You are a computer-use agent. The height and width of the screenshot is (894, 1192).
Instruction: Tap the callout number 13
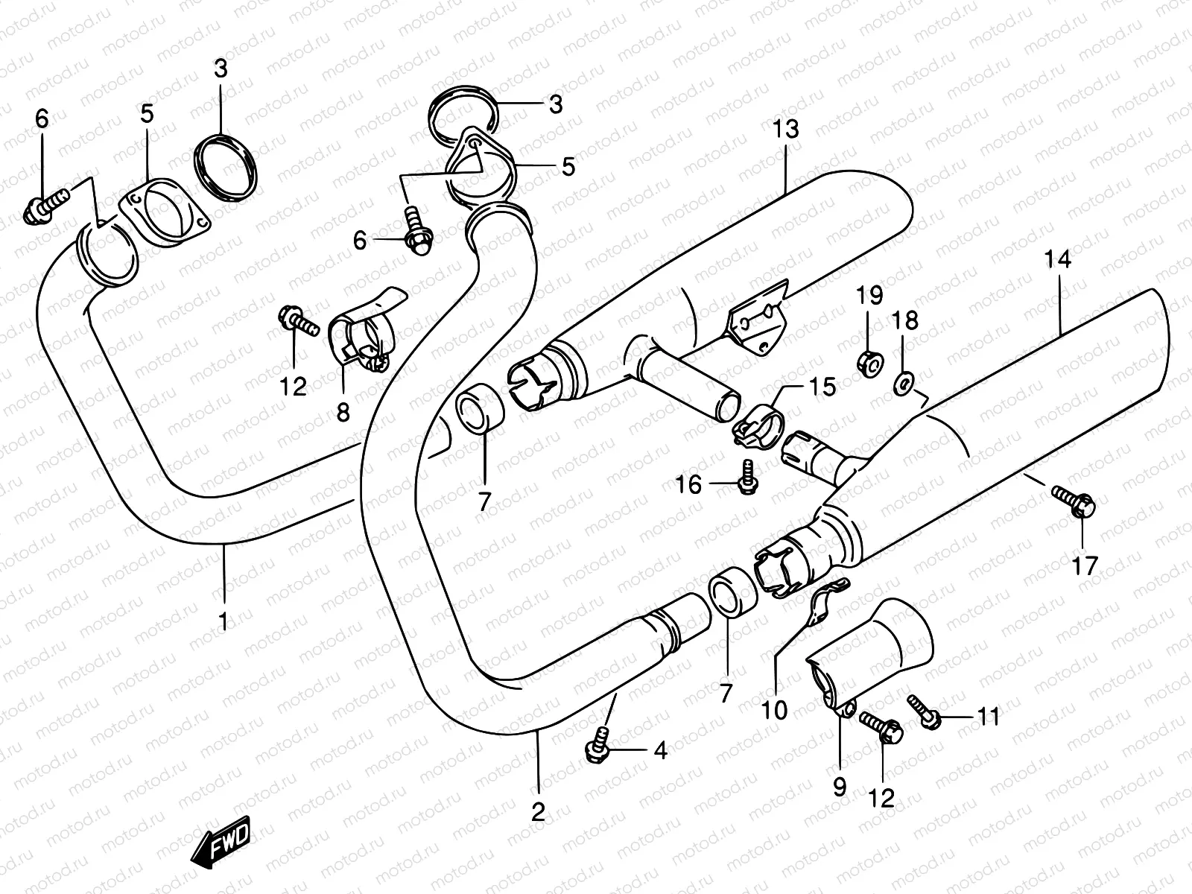point(785,129)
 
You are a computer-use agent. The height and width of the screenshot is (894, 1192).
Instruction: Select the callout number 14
point(1058,260)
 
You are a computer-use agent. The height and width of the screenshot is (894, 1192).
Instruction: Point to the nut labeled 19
point(869,363)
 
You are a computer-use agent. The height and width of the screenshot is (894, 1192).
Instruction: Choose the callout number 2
point(538,811)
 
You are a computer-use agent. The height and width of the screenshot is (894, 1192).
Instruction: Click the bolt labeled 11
point(924,709)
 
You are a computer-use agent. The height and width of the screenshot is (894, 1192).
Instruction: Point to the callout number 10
point(775,709)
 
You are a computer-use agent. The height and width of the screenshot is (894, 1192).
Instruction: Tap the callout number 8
point(343,412)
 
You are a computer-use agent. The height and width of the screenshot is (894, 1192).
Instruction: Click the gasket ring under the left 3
point(226,168)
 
